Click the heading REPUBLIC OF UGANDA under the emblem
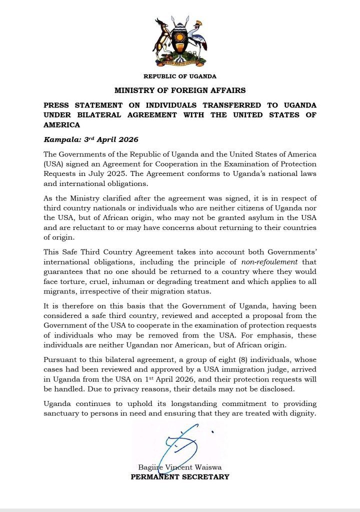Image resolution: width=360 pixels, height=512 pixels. pyautogui.click(x=180, y=76)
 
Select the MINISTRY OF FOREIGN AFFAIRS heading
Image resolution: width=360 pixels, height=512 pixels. pyautogui.click(x=180, y=90)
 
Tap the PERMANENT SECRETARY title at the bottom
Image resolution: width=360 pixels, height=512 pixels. pyautogui.click(x=180, y=476)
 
